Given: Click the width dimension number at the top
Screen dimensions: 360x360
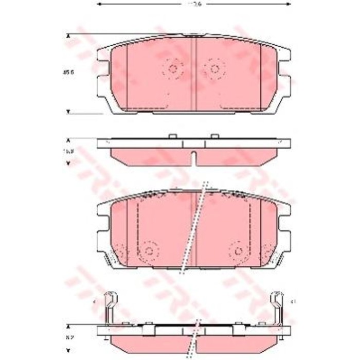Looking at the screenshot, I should click(194, 4).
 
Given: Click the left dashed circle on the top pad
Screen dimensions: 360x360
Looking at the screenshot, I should click(173, 68).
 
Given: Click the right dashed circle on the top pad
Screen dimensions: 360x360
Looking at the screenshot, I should click(214, 68).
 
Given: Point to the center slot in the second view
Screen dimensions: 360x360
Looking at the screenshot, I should click(194, 158).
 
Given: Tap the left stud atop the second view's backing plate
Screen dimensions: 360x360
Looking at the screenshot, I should click(173, 136).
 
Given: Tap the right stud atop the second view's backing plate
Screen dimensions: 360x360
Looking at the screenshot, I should click(214, 136).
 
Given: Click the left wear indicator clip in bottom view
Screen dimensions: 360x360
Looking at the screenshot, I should click(110, 305).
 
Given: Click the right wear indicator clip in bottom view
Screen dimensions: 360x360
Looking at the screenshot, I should click(277, 305).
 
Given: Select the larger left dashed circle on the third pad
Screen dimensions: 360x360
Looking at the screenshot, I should click(149, 250).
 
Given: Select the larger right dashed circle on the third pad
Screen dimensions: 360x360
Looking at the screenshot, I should click(239, 250).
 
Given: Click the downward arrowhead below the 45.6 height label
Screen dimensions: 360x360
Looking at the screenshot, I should click(68, 111).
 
